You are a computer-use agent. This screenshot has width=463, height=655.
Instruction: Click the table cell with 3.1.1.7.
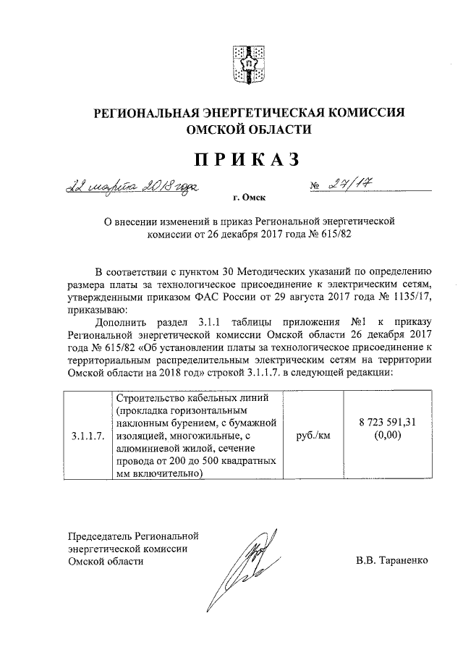click(x=88, y=437)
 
